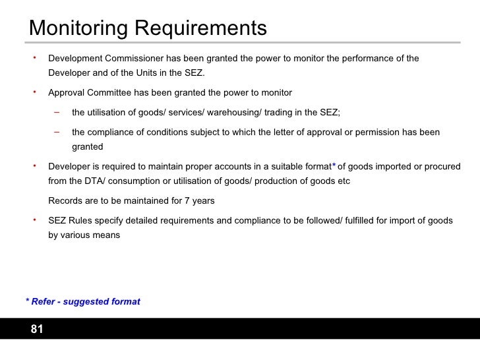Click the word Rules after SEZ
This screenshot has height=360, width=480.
(x=82, y=220)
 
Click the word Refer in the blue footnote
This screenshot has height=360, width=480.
(x=43, y=301)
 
